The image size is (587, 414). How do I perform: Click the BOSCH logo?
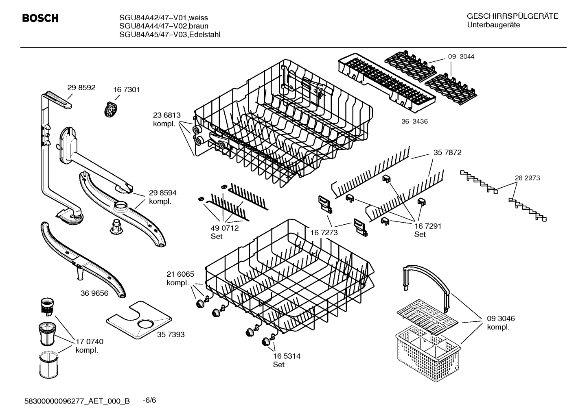pos(40,18)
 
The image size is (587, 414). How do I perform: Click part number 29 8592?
pos(81,87)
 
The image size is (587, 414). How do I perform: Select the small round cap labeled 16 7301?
pos(110,109)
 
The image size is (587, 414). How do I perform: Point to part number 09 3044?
pos(461,57)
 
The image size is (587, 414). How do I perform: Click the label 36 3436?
pos(414,121)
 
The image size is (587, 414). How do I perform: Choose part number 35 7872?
pos(447,153)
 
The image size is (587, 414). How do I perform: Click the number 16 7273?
pos(324,233)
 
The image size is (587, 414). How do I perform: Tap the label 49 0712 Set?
pos(224,232)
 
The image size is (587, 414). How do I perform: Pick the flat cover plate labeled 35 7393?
pos(139,321)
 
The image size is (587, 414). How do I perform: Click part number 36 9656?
pos(94,293)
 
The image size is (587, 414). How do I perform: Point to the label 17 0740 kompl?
pos(89,346)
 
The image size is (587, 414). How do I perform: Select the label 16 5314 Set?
pos(286,360)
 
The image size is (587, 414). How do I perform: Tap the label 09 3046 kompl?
pos(501,323)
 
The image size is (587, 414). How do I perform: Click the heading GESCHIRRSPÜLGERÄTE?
pos(512,16)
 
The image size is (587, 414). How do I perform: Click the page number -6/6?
pos(149,400)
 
